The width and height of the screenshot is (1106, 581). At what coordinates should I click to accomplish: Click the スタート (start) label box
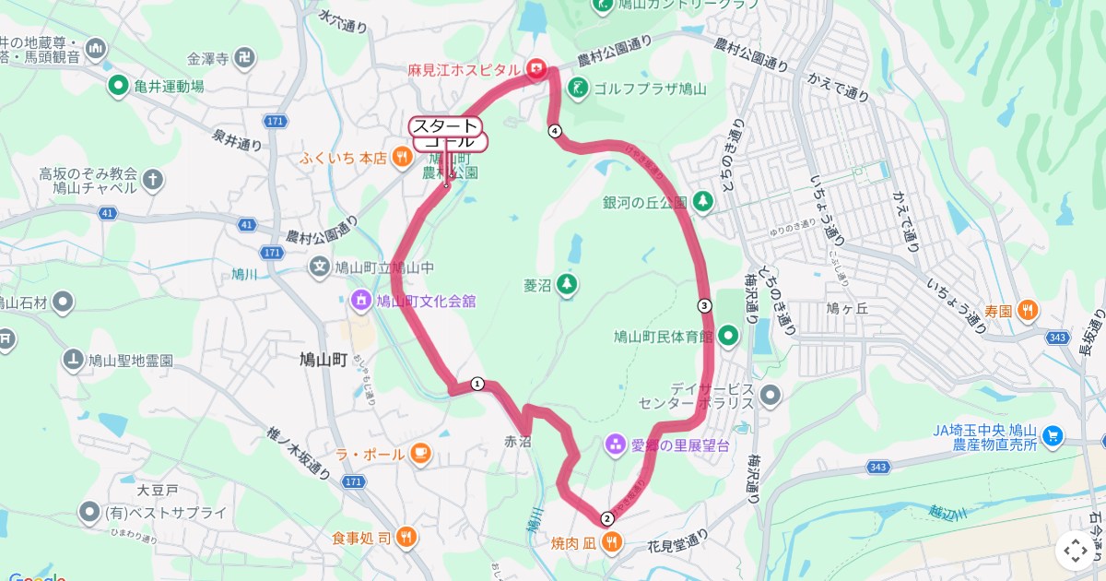(444, 126)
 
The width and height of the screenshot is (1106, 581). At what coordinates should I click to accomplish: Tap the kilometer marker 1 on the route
(477, 384)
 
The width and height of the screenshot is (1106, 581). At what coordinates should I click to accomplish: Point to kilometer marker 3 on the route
(704, 306)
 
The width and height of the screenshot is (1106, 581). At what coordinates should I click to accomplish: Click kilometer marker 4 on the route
(555, 131)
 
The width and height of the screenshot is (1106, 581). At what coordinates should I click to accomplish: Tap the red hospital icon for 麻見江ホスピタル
(535, 68)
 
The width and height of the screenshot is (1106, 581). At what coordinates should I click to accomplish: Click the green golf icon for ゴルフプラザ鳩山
(577, 89)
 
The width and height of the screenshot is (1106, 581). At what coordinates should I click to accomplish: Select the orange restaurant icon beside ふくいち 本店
(402, 158)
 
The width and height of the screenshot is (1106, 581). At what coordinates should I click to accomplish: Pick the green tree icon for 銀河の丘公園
(702, 200)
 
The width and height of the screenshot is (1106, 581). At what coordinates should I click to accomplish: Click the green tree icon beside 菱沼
(567, 284)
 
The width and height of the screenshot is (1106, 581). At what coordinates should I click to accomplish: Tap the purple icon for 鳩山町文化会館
(359, 300)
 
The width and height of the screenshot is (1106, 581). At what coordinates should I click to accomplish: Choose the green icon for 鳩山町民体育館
(729, 336)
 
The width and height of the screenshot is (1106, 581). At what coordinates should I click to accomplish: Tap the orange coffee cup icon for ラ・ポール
(420, 453)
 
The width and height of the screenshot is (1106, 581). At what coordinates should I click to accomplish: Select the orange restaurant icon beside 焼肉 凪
(611, 543)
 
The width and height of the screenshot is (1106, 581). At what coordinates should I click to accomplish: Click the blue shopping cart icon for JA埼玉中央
(1054, 435)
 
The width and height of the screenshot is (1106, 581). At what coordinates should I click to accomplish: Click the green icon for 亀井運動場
(118, 87)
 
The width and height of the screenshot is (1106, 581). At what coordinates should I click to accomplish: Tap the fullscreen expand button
(1075, 551)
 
